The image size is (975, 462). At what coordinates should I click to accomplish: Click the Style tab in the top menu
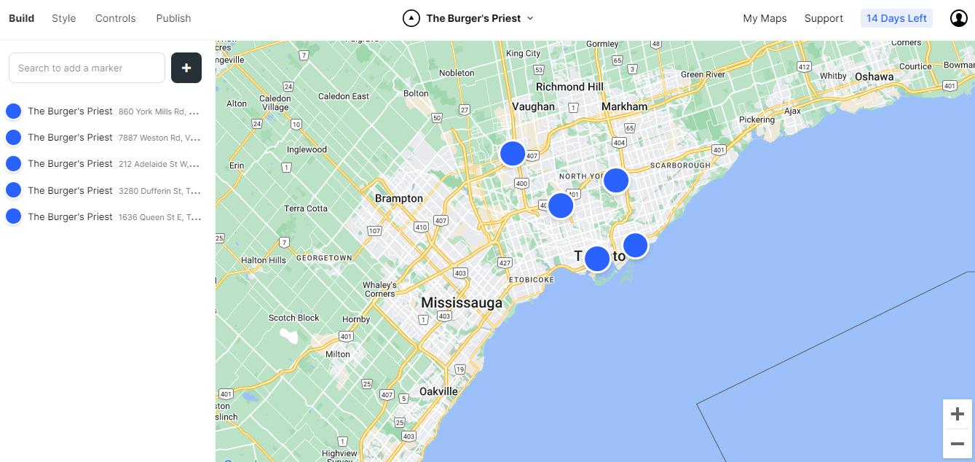[63, 18]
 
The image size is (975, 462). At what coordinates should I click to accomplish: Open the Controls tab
[115, 18]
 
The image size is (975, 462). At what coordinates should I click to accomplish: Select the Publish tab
[173, 18]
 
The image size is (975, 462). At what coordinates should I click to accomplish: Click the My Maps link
[765, 18]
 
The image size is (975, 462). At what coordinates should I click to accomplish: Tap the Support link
[824, 18]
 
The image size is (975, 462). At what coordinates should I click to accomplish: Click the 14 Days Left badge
[896, 18]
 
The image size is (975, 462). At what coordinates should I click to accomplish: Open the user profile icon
[958, 18]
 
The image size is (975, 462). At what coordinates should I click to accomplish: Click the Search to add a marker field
[87, 68]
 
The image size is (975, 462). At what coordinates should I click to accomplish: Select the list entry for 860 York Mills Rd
[106, 111]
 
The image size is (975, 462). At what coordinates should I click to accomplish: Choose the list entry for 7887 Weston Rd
[106, 138]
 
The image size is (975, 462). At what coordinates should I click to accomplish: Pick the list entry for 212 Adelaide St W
[106, 164]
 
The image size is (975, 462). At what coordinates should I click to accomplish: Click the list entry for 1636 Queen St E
[106, 217]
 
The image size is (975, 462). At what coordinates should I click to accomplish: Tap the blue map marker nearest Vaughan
[513, 153]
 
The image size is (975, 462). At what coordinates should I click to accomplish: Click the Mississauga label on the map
[461, 303]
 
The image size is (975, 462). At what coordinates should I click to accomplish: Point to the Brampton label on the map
[398, 198]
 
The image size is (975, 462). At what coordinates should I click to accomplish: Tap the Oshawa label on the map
[874, 77]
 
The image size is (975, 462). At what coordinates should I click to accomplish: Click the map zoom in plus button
[958, 414]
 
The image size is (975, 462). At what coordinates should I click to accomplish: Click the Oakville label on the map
[438, 391]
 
